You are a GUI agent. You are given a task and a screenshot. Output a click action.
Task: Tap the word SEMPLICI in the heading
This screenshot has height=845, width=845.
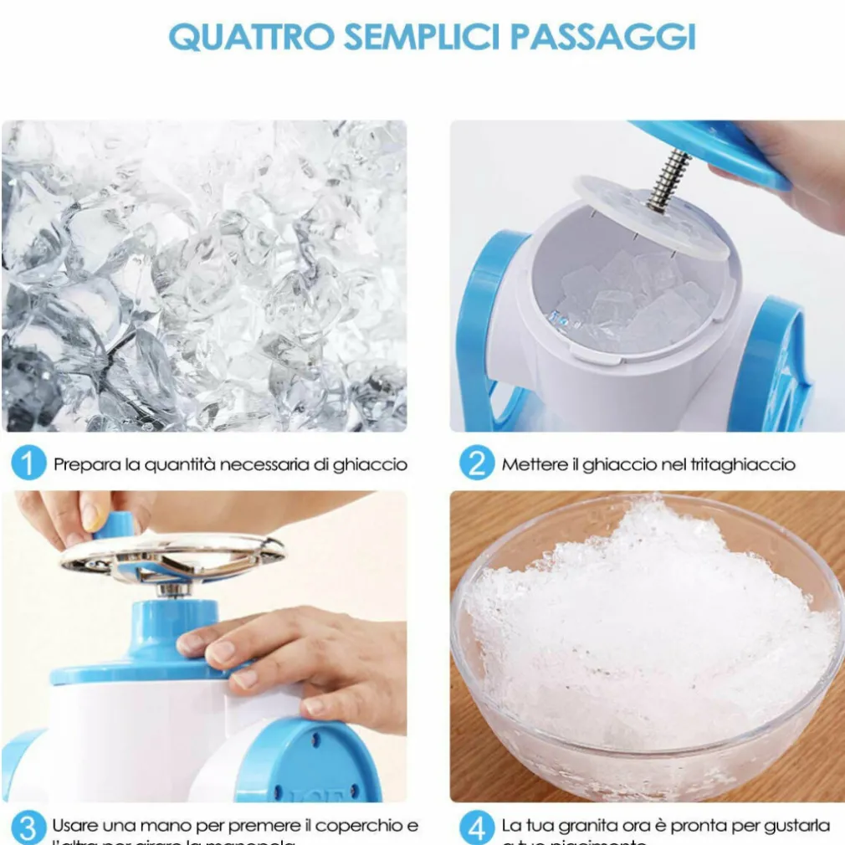pos(432,37)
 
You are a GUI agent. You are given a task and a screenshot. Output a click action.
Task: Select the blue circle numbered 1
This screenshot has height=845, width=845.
pos(28,463)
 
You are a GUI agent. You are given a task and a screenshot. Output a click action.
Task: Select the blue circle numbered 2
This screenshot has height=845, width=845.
pos(476,463)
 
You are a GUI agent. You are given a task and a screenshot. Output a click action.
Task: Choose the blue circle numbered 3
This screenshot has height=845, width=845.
pos(28,828)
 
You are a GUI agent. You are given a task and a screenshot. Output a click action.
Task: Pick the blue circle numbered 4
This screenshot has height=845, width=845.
pos(476,828)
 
